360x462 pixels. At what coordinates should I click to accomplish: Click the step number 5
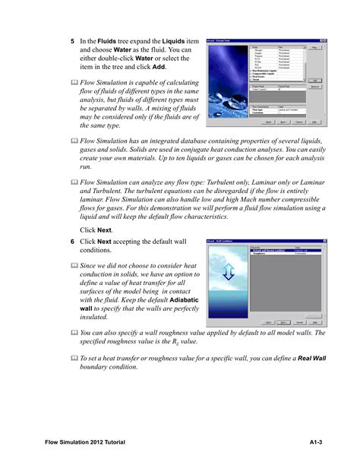click(73, 41)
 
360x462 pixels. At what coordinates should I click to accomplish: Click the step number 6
click(73, 241)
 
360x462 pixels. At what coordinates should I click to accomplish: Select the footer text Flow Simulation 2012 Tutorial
click(85, 442)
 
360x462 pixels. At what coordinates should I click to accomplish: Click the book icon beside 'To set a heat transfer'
click(74, 358)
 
